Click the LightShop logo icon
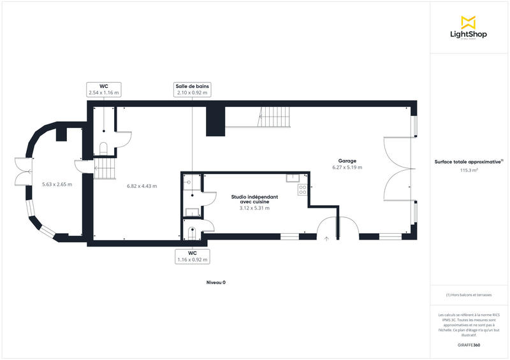coord(469,22)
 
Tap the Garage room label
coord(347,161)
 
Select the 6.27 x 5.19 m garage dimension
coord(347,168)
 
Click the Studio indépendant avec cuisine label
coord(254,199)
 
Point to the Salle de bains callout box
coord(193,89)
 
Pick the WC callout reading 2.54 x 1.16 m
coord(103,89)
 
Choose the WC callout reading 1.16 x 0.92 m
coord(192,256)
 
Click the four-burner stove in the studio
coord(302,189)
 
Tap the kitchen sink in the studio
coord(293,177)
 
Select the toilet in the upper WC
coord(103,149)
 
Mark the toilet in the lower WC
coord(192,231)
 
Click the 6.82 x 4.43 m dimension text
coord(142,186)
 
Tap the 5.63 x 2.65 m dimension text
coord(57,185)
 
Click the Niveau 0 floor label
coord(216,282)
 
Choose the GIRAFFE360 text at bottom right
coord(469,345)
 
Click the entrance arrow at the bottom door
coord(326,238)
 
